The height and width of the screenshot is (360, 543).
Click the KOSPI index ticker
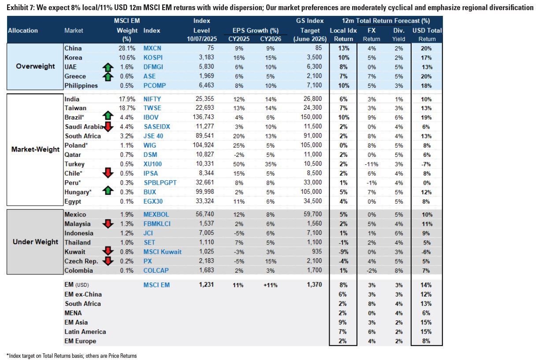click(153, 58)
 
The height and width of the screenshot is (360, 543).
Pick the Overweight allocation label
click(35, 67)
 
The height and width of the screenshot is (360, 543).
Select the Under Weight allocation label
click(35, 242)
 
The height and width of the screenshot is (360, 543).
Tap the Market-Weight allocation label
click(35, 149)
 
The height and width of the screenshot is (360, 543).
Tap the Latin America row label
click(85, 331)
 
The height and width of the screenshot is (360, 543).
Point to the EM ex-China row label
click(83, 294)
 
